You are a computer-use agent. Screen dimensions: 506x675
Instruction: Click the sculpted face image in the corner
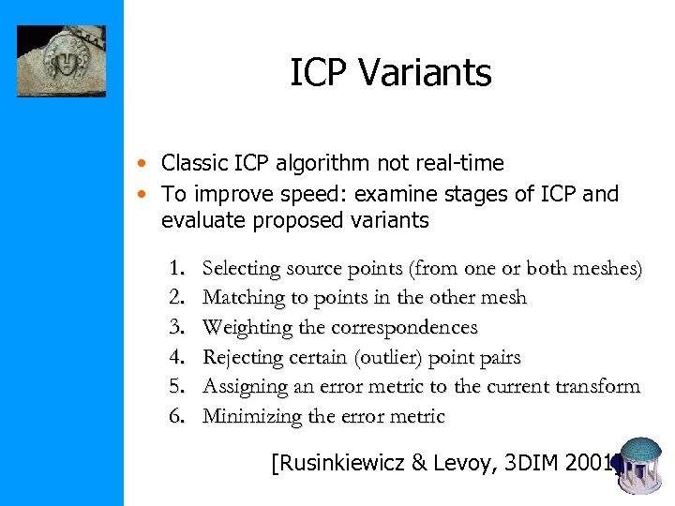point(61,61)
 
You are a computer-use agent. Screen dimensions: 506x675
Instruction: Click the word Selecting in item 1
point(242,269)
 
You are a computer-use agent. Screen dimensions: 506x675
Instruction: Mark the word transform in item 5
point(594,386)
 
